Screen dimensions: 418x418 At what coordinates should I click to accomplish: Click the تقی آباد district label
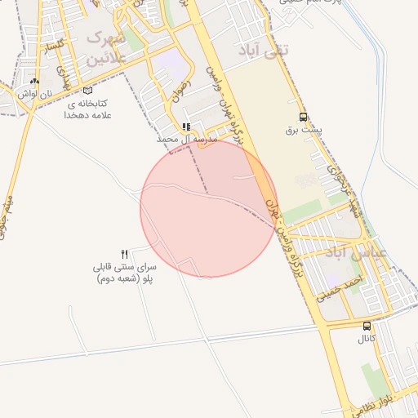[263, 51]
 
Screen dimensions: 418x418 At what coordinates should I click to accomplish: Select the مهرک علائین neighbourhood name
[106, 48]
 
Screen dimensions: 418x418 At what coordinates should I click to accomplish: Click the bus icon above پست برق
[304, 117]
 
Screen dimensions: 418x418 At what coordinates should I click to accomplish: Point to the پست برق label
[304, 130]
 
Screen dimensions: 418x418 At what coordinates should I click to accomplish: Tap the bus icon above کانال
[367, 326]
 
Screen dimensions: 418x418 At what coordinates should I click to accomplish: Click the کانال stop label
[367, 338]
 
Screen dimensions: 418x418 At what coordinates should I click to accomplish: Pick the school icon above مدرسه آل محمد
[187, 127]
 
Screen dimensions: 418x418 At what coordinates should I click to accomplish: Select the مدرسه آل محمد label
[188, 140]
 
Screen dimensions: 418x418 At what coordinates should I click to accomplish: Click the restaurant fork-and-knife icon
[125, 254]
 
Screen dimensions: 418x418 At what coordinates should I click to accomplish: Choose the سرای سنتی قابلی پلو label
[125, 273]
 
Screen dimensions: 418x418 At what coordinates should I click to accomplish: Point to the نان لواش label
[34, 94]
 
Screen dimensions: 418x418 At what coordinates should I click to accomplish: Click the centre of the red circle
[209, 208]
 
